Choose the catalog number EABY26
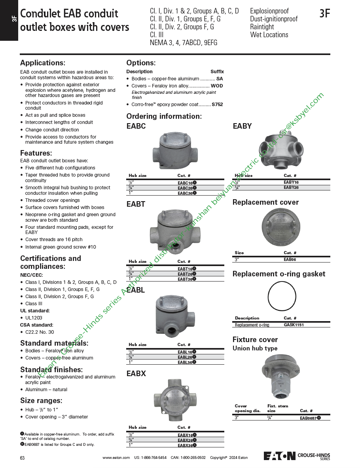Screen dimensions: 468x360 (291, 187)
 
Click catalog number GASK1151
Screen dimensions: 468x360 (294, 325)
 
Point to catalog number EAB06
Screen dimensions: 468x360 (290, 259)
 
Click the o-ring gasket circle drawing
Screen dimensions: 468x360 (282, 297)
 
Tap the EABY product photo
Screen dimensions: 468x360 (281, 152)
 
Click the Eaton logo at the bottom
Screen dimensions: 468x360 (279, 455)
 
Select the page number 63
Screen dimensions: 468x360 (23, 458)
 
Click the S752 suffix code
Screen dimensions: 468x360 (217, 105)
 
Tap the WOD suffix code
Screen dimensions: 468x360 (217, 86)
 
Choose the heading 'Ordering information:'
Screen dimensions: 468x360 (164, 116)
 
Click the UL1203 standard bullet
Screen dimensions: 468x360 (34, 318)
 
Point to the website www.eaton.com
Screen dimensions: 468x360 (116, 458)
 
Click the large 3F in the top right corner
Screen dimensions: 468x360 (324, 14)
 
